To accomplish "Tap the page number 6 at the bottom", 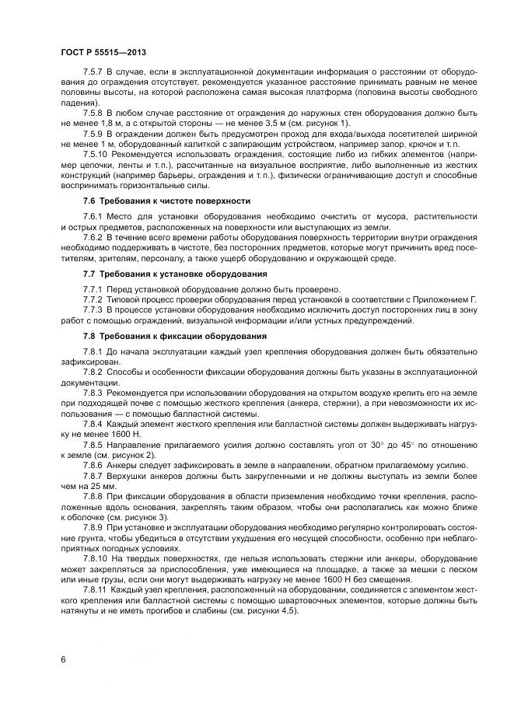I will pos(61,659).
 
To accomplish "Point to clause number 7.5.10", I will pos(97,154).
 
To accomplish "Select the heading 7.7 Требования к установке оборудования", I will pos(175,274).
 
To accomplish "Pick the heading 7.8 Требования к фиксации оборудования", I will pos(174,336).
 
